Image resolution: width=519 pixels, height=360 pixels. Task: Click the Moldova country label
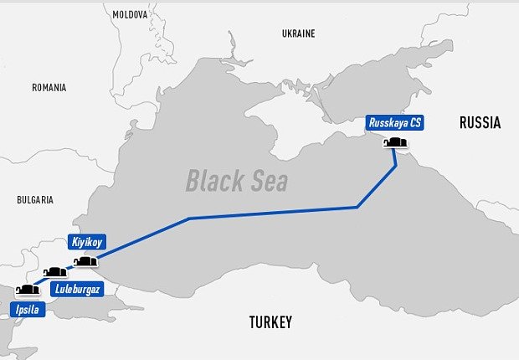130,15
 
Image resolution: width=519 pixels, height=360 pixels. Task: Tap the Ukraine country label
298,33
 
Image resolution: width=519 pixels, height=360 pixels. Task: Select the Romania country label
49,87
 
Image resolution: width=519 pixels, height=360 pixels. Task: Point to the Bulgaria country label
35,200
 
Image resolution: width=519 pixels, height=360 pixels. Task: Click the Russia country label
480,123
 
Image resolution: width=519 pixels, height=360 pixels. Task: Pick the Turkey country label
270,322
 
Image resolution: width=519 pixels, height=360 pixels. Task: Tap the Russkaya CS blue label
395,123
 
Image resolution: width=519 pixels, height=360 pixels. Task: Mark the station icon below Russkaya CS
395,142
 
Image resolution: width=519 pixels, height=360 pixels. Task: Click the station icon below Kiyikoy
85,262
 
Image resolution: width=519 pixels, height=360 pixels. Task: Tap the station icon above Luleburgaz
55,272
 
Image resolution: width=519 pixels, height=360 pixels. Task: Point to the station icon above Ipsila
28,291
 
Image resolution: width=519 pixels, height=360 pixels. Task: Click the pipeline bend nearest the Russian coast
357,206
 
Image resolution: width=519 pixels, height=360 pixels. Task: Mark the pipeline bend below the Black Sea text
190,219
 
